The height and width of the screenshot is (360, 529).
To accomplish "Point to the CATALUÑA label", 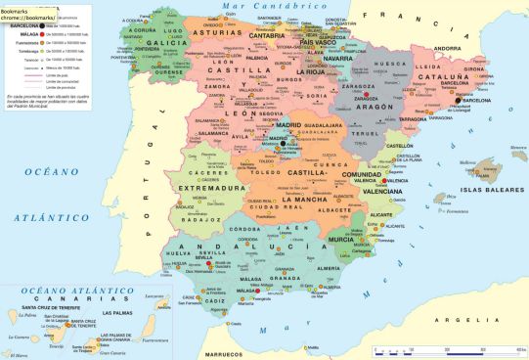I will [442, 74].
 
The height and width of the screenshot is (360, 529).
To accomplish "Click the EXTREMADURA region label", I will [211, 187].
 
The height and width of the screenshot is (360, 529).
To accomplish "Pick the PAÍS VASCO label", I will [318, 43].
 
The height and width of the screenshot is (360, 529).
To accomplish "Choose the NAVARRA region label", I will [337, 58].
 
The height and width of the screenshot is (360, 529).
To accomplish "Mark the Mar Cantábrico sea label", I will [259, 7].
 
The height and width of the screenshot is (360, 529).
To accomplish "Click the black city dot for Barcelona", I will [457, 100].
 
